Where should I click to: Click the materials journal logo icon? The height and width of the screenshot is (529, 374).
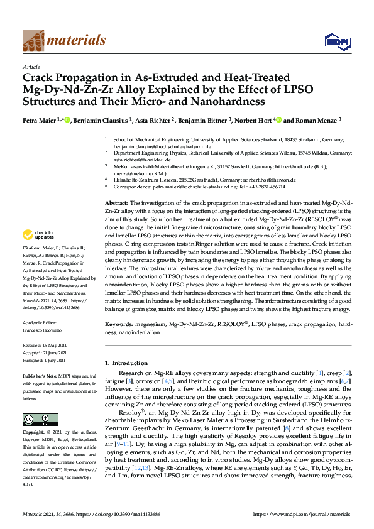pyautogui.click(x=33, y=41)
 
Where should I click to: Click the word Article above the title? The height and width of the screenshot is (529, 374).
pyautogui.click(x=31, y=67)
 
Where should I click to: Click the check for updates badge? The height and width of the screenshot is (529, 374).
pyautogui.click(x=37, y=253)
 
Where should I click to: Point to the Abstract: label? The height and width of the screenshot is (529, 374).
pyautogui.click(x=116, y=187)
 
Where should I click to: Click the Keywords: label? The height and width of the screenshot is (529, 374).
pyautogui.click(x=119, y=323)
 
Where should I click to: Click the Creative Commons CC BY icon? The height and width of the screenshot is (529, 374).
pyautogui.click(x=31, y=418)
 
